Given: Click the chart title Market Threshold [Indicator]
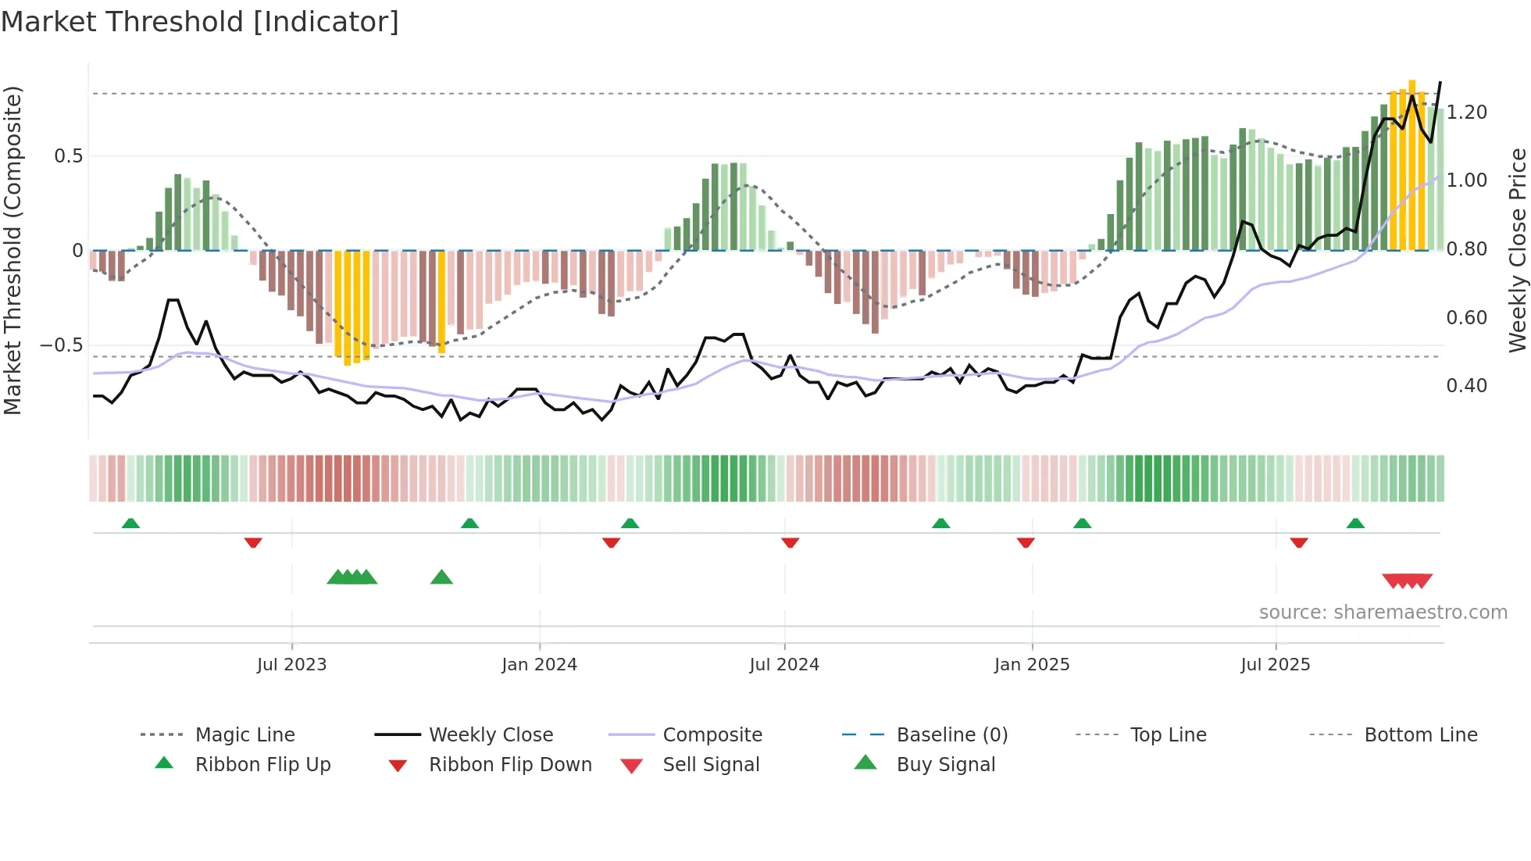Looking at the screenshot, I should click(x=200, y=22).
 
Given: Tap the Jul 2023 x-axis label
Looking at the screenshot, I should click(x=291, y=665).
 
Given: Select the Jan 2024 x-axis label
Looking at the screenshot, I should click(x=539, y=665).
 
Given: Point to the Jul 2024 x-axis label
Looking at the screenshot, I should click(x=784, y=665).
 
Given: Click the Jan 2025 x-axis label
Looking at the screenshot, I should click(x=1032, y=665).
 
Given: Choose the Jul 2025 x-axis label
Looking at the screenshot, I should click(x=1276, y=665).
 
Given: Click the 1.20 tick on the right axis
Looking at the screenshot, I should click(x=1466, y=113).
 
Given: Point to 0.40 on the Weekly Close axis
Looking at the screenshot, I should click(x=1466, y=386).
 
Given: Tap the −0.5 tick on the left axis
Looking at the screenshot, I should click(x=61, y=345).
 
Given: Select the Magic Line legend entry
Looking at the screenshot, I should click(x=244, y=735).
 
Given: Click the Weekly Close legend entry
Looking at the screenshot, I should click(x=491, y=735).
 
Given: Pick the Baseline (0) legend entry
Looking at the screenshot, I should click(x=951, y=735).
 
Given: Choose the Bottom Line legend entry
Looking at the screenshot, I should click(x=1420, y=735).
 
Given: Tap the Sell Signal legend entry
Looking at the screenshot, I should click(x=711, y=765).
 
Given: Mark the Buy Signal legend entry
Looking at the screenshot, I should click(x=945, y=765).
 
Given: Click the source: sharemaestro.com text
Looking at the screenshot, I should click(x=1383, y=613).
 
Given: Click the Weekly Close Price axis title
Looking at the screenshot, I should click(x=1517, y=250).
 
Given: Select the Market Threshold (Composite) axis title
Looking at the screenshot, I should click(x=12, y=250).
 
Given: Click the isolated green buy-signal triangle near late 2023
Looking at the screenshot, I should click(x=441, y=577).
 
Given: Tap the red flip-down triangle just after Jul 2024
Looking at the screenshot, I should click(x=790, y=542).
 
